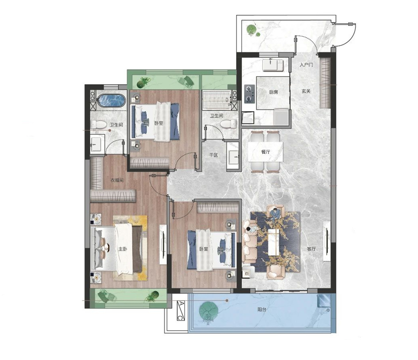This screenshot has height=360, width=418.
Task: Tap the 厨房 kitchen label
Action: pos(273,92)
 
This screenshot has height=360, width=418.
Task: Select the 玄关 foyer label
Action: pos(306,91)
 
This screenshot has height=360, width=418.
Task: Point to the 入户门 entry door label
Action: pos(306,65)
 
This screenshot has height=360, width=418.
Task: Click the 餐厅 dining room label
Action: pos(265,152)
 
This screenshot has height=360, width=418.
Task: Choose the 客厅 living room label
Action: pos(311,249)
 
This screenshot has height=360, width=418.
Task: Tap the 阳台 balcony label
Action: pos(262,309)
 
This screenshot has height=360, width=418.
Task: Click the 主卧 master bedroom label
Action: pos(122,249)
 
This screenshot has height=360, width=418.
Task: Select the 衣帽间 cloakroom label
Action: pos(117,180)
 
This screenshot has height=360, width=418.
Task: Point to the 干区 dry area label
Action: pos(214,155)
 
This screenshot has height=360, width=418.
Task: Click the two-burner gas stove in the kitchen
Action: pos(249,94)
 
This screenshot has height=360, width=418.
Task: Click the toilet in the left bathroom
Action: pos(97,125)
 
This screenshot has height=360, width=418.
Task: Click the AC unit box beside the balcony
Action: pos(180,310)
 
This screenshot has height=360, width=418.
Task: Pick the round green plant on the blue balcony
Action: pos(209,310)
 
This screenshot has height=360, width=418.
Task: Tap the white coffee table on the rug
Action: pos(275,242)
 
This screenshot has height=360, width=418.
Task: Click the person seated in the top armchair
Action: pos(275,213)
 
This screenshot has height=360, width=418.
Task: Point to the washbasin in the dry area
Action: pos(233,157)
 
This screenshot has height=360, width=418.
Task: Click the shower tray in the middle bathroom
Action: pos(216,100)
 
